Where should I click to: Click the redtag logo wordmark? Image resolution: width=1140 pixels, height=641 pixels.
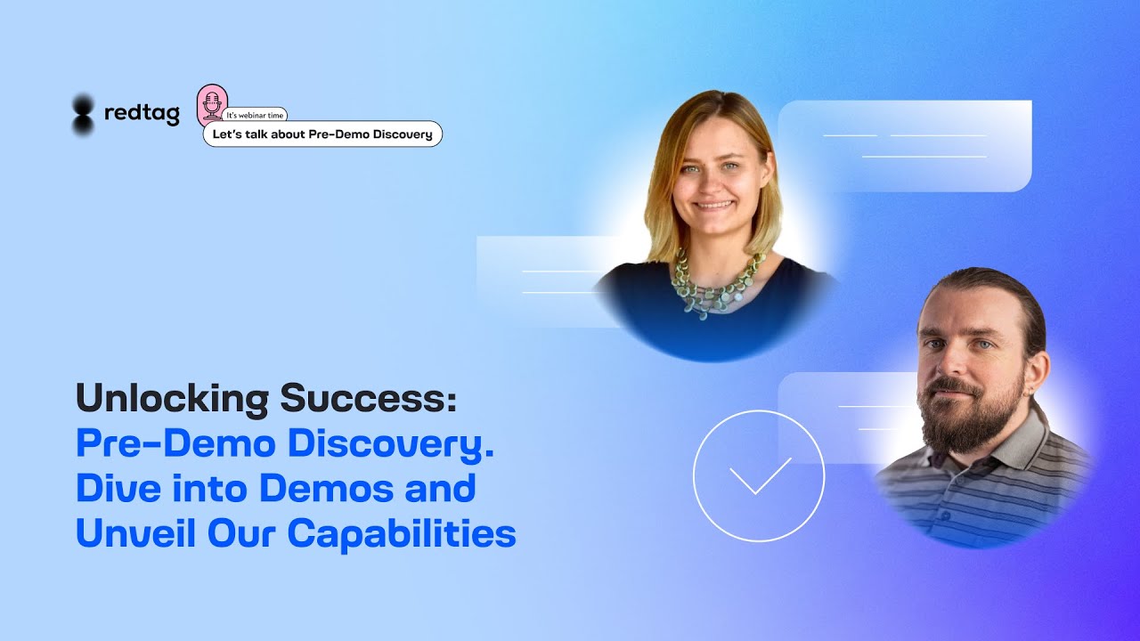[142, 114]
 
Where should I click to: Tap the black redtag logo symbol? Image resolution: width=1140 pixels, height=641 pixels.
[83, 115]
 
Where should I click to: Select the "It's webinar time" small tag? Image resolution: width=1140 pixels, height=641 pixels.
[256, 116]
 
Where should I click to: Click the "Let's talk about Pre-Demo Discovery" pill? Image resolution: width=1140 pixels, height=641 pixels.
[322, 134]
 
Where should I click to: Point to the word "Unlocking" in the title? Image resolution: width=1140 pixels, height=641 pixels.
[172, 398]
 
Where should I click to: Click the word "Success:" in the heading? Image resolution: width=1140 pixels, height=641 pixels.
[368, 398]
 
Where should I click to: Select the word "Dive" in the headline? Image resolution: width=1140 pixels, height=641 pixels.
[113, 488]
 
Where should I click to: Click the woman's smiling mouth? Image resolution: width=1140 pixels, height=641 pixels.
[714, 205]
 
